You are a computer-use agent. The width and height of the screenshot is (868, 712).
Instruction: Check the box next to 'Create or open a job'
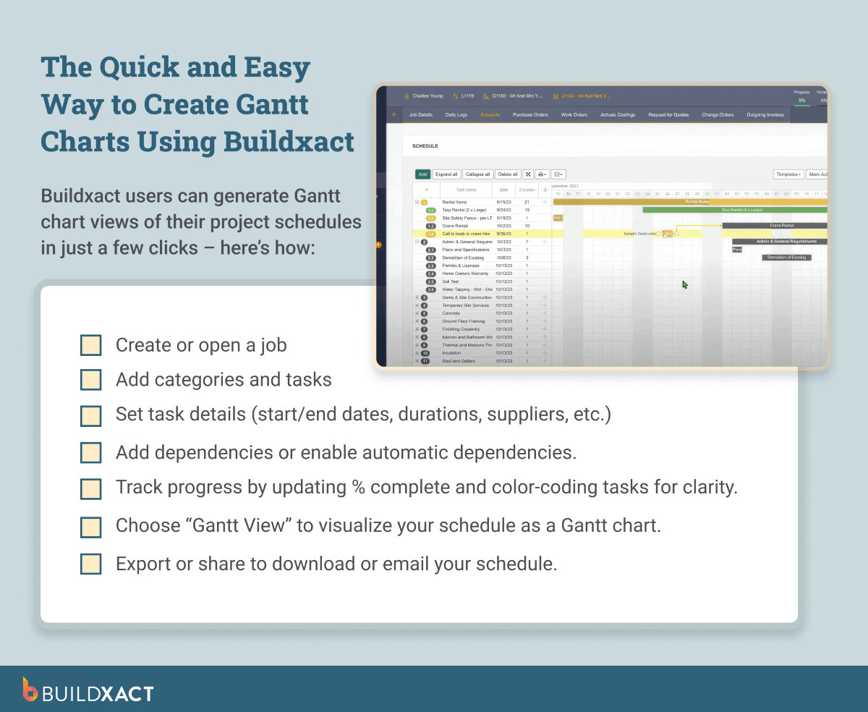pyautogui.click(x=90, y=345)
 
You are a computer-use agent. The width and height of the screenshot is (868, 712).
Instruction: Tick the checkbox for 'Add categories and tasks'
pyautogui.click(x=90, y=380)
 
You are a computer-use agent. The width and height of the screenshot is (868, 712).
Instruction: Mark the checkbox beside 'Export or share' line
pyautogui.click(x=90, y=564)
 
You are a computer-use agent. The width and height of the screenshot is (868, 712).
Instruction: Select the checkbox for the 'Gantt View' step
pyautogui.click(x=90, y=526)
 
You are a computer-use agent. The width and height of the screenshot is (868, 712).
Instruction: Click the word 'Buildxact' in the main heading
pyautogui.click(x=289, y=140)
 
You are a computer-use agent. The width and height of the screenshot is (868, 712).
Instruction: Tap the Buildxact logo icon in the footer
pyautogui.click(x=30, y=689)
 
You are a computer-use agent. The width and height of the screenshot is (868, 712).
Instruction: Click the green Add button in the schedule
pyautogui.click(x=422, y=174)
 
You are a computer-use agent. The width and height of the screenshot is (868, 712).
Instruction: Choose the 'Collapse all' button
pyautogui.click(x=477, y=174)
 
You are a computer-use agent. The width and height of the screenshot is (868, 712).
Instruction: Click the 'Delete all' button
pyautogui.click(x=508, y=174)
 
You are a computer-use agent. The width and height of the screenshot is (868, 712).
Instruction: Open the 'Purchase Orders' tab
pyautogui.click(x=530, y=115)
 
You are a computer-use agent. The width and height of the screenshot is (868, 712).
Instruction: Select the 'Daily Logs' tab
pyautogui.click(x=456, y=115)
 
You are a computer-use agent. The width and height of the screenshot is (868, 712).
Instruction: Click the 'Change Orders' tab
pyautogui.click(x=717, y=115)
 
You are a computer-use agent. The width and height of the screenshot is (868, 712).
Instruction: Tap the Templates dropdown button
pyautogui.click(x=788, y=174)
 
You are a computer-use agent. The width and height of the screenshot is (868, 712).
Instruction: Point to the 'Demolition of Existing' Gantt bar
pyautogui.click(x=786, y=258)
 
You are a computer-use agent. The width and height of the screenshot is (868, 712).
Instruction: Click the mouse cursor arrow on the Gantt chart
pyautogui.click(x=684, y=284)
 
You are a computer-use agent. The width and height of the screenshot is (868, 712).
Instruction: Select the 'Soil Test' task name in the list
pyautogui.click(x=451, y=281)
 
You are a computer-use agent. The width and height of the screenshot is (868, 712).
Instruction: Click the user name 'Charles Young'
pyautogui.click(x=427, y=96)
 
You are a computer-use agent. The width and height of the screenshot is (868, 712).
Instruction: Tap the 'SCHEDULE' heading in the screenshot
pyautogui.click(x=425, y=146)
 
